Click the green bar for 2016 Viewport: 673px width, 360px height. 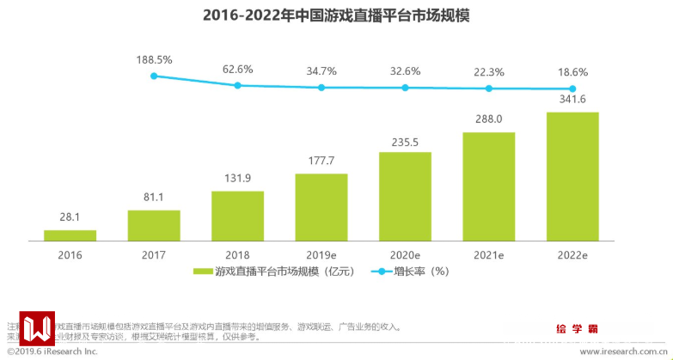click(x=70, y=235)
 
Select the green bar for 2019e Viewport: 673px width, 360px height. click(x=321, y=207)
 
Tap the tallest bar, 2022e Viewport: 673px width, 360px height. click(x=572, y=176)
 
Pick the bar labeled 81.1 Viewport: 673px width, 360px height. click(x=154, y=225)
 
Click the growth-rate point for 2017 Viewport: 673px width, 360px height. click(x=154, y=76)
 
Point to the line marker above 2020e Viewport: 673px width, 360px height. click(x=406, y=88)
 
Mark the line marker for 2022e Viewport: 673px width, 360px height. click(x=572, y=89)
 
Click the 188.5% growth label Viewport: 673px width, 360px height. click(x=154, y=60)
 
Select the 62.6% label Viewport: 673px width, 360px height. click(x=238, y=69)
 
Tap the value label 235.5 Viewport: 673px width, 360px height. click(x=406, y=140)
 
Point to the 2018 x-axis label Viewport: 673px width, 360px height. click(x=238, y=255)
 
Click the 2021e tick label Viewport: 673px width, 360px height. click(x=489, y=255)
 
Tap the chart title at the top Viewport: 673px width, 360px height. click(x=336, y=16)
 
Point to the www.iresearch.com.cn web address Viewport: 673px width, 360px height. click(x=622, y=352)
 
